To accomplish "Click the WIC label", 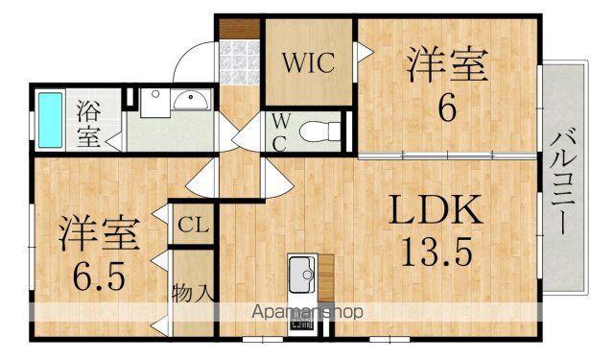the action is point(309,62).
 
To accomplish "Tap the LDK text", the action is point(435,210).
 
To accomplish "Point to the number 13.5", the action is point(437,252).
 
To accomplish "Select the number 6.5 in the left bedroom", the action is point(100,276).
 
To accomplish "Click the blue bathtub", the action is point(50,120).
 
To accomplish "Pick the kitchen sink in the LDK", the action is point(302,275).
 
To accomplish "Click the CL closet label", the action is point(194,226).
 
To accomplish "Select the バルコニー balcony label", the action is point(563,183).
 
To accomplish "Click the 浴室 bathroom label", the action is point(89,124).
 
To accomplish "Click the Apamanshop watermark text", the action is point(307,312).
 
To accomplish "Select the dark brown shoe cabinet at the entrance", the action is point(239,29).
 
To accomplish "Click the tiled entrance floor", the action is point(239,61).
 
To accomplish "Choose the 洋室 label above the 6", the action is point(447,65).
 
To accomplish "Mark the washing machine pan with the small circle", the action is point(155,103).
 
